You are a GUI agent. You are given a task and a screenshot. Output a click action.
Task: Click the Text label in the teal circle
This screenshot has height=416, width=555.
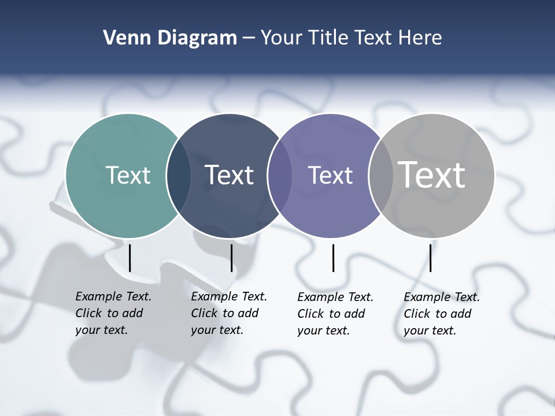point(128,175)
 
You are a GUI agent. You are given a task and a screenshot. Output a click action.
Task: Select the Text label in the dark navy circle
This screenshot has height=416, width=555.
point(229,175)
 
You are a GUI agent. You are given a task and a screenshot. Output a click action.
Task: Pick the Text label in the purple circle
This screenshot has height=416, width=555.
point(330,175)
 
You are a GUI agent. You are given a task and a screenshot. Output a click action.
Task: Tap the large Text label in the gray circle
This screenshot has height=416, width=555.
point(431,174)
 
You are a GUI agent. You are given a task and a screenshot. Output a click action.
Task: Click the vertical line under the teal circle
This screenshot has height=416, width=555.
point(129,258)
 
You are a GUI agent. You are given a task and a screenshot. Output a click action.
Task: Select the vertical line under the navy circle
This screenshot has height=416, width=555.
point(231,258)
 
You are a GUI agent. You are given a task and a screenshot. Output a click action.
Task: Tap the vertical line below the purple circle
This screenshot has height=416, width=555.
point(333,258)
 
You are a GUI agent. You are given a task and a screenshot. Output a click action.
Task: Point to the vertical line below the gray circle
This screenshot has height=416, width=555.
point(430,258)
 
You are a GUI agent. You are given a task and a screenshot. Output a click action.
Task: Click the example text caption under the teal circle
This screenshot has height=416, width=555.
point(113,313)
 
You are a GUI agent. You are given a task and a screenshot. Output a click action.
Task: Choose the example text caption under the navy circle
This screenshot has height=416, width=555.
point(229,313)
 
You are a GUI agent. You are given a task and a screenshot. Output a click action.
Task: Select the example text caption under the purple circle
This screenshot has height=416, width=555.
point(335,314)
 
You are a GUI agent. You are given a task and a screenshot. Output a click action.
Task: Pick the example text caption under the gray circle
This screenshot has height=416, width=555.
point(442,314)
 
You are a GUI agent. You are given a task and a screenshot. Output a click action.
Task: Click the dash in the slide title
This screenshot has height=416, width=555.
point(249,39)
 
